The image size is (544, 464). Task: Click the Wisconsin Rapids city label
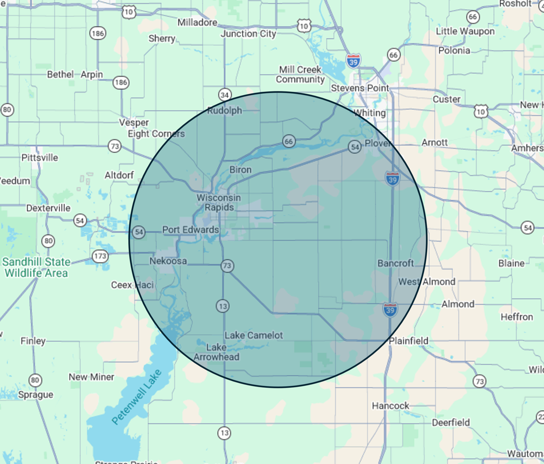coord(219,202)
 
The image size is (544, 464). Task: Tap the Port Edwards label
coord(191,230)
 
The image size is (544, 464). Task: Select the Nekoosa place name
coord(168,261)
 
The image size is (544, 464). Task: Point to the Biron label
coord(240,170)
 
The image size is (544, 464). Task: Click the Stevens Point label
coord(360,88)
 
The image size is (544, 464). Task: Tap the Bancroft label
coord(396,263)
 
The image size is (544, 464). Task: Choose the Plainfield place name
coord(409,341)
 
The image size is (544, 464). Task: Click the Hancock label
coord(390,406)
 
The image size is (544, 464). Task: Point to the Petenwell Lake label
coord(137,397)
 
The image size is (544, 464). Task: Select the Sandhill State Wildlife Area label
coord(36,267)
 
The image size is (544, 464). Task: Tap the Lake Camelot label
coord(254,335)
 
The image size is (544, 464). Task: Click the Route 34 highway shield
coord(225,95)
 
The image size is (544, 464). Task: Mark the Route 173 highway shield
coord(100,256)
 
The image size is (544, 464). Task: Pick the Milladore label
coord(197,22)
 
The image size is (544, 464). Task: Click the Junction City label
coord(248,34)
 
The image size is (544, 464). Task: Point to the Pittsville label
coord(40,158)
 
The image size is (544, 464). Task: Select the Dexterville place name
coord(48,208)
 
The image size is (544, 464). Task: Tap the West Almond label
coord(427,282)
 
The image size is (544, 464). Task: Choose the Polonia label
coord(454,50)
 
